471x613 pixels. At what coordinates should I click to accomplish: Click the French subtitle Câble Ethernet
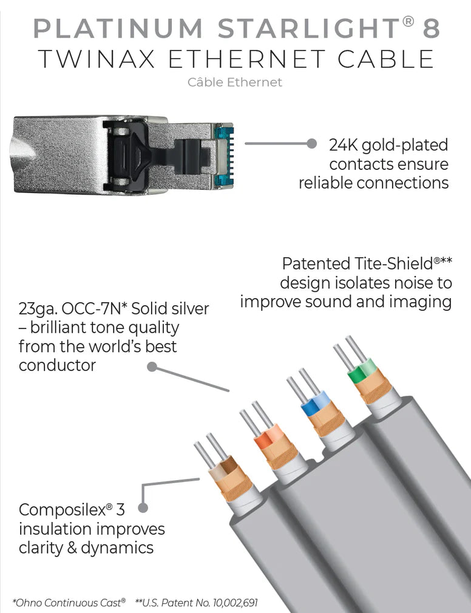click(x=235, y=82)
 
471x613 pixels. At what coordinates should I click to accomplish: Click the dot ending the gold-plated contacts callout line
click(x=311, y=144)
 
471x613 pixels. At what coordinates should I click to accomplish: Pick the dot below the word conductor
click(x=152, y=367)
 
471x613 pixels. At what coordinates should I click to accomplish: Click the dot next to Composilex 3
click(x=143, y=508)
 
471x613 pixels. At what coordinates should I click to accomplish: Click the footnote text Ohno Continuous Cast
click(x=70, y=602)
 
